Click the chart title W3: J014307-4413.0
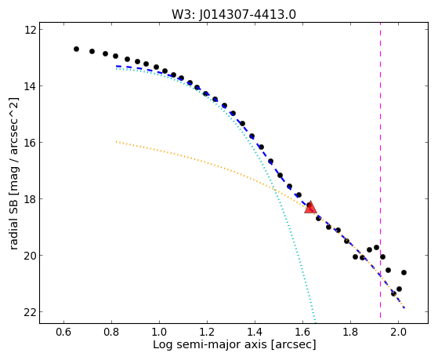(233, 14)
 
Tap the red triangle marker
(310, 207)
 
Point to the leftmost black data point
(76, 49)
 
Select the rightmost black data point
(404, 272)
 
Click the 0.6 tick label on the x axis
(63, 332)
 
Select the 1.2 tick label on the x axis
(207, 332)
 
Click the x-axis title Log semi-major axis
(209, 344)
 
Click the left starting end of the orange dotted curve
(116, 141)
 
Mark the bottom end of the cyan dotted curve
(315, 321)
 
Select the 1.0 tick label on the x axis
(159, 332)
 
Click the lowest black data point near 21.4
(393, 293)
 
